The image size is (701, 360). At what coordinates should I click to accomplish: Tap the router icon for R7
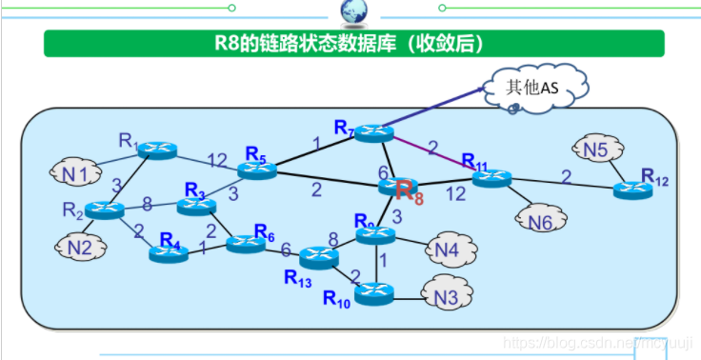point(373,133)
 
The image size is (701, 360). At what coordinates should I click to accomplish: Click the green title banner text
point(352,43)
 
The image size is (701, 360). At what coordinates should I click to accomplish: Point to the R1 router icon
point(156,150)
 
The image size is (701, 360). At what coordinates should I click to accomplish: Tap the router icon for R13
point(319,256)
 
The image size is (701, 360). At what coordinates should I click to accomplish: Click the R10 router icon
point(375,293)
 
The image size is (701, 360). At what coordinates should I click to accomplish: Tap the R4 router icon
point(169,253)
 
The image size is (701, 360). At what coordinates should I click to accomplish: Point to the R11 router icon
point(491,178)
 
